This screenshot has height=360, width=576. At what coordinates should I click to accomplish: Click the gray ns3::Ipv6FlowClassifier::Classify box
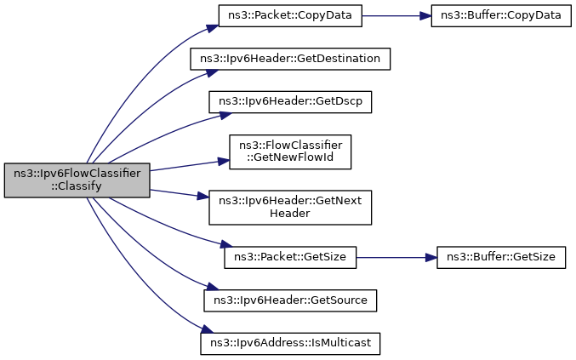[77, 180]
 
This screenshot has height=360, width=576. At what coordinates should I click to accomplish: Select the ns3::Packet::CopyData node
[290, 15]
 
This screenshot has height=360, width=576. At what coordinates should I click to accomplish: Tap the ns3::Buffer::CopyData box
[501, 15]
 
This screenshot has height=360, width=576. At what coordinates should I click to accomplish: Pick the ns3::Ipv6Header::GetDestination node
[290, 59]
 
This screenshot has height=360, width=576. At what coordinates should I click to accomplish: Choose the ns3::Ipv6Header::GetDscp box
[290, 102]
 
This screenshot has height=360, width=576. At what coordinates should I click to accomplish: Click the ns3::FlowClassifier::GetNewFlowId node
[290, 151]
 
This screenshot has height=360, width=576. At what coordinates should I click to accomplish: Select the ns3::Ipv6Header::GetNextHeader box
[290, 207]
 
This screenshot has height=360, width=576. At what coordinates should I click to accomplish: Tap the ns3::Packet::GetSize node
[290, 257]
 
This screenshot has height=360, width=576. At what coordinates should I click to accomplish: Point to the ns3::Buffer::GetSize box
[501, 257]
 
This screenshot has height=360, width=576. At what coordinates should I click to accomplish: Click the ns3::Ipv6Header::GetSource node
[290, 300]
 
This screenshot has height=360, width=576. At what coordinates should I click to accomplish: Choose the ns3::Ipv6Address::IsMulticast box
[290, 344]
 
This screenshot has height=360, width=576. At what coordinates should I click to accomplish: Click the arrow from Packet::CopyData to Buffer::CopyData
[396, 16]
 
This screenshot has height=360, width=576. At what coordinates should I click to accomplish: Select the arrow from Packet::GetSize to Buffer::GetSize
[396, 258]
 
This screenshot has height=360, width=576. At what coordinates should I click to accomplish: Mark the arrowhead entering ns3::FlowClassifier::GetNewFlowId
[224, 161]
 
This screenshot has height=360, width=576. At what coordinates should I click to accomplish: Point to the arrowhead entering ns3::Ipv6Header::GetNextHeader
[203, 196]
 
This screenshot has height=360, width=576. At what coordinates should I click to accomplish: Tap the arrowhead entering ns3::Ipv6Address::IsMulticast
[208, 329]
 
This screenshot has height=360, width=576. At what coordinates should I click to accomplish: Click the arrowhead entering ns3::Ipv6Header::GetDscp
[226, 115]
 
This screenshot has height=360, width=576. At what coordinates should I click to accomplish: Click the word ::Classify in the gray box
[77, 186]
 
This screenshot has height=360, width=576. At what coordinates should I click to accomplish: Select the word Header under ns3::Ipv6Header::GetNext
[290, 213]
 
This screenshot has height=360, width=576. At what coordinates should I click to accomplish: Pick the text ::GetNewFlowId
[290, 157]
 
